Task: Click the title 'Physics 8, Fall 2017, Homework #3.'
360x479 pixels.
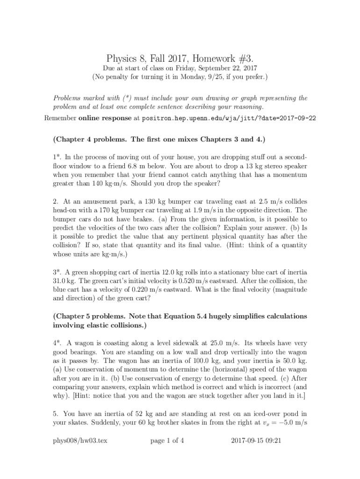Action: [180, 58]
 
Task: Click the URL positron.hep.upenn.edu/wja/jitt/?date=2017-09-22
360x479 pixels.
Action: [229, 118]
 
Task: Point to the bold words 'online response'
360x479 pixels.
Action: [105, 118]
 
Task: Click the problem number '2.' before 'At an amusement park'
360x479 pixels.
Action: [55, 202]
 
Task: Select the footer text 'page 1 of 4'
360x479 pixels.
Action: [167, 440]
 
